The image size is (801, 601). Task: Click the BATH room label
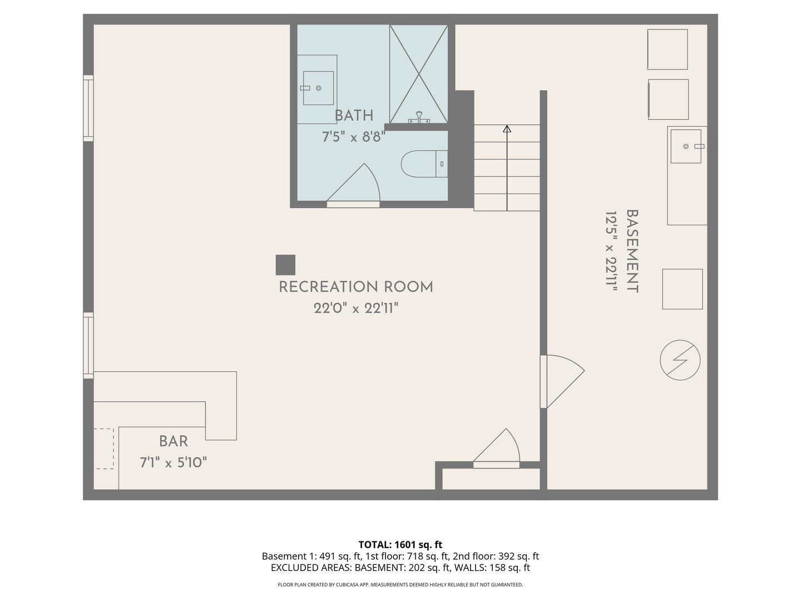click(x=354, y=116)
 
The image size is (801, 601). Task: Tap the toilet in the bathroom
click(x=424, y=164)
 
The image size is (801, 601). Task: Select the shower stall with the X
click(x=418, y=74)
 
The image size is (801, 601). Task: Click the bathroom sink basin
click(x=318, y=88)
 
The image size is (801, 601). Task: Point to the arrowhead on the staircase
click(x=507, y=129)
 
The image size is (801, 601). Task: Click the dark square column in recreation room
click(x=285, y=265)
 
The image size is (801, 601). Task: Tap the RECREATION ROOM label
click(x=356, y=287)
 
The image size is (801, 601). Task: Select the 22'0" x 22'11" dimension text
click(x=356, y=309)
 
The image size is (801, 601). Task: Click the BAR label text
click(x=174, y=441)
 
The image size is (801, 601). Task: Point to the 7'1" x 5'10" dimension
click(x=174, y=463)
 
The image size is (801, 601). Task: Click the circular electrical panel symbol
click(x=680, y=360)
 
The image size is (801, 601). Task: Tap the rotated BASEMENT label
click(x=632, y=251)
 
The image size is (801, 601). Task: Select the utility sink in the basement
click(x=686, y=146)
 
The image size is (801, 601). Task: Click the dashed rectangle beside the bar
click(x=105, y=449)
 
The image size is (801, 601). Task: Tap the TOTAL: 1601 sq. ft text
click(x=400, y=545)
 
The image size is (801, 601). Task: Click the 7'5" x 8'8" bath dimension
click(x=354, y=137)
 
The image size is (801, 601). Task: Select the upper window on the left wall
click(x=88, y=108)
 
